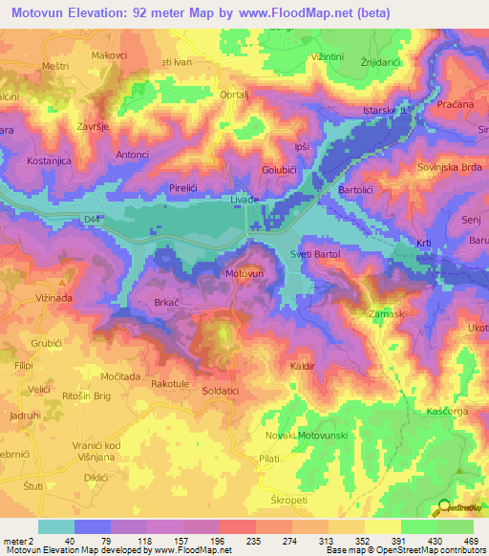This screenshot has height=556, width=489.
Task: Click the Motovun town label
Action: (x=244, y=273)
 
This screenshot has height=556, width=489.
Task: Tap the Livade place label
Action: (x=247, y=199)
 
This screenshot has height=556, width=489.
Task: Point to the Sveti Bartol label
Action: (x=315, y=254)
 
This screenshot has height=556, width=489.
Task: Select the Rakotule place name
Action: (x=171, y=384)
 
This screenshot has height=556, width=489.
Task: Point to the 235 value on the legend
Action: (x=228, y=541)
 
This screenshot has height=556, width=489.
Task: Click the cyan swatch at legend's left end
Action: (x=56, y=526)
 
